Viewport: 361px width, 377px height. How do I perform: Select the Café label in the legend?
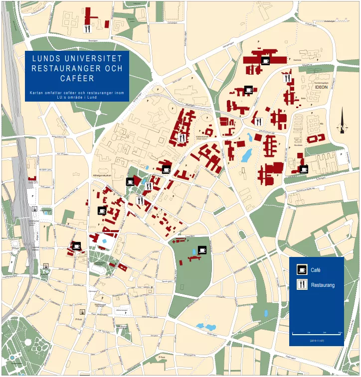point(316,270)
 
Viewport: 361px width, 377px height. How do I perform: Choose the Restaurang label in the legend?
point(323,285)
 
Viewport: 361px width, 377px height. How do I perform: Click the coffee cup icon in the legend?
point(302,270)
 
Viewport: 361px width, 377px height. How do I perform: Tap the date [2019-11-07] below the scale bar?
point(317,340)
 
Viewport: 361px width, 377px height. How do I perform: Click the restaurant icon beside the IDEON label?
point(287,78)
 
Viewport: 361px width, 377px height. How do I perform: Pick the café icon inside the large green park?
point(202,250)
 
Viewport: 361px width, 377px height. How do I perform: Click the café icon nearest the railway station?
point(76,246)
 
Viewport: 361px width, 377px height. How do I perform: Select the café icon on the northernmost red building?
point(265,61)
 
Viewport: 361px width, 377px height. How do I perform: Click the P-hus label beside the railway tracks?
point(15,248)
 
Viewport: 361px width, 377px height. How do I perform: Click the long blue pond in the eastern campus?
point(246,156)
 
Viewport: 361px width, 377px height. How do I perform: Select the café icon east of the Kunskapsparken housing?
point(303,169)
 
